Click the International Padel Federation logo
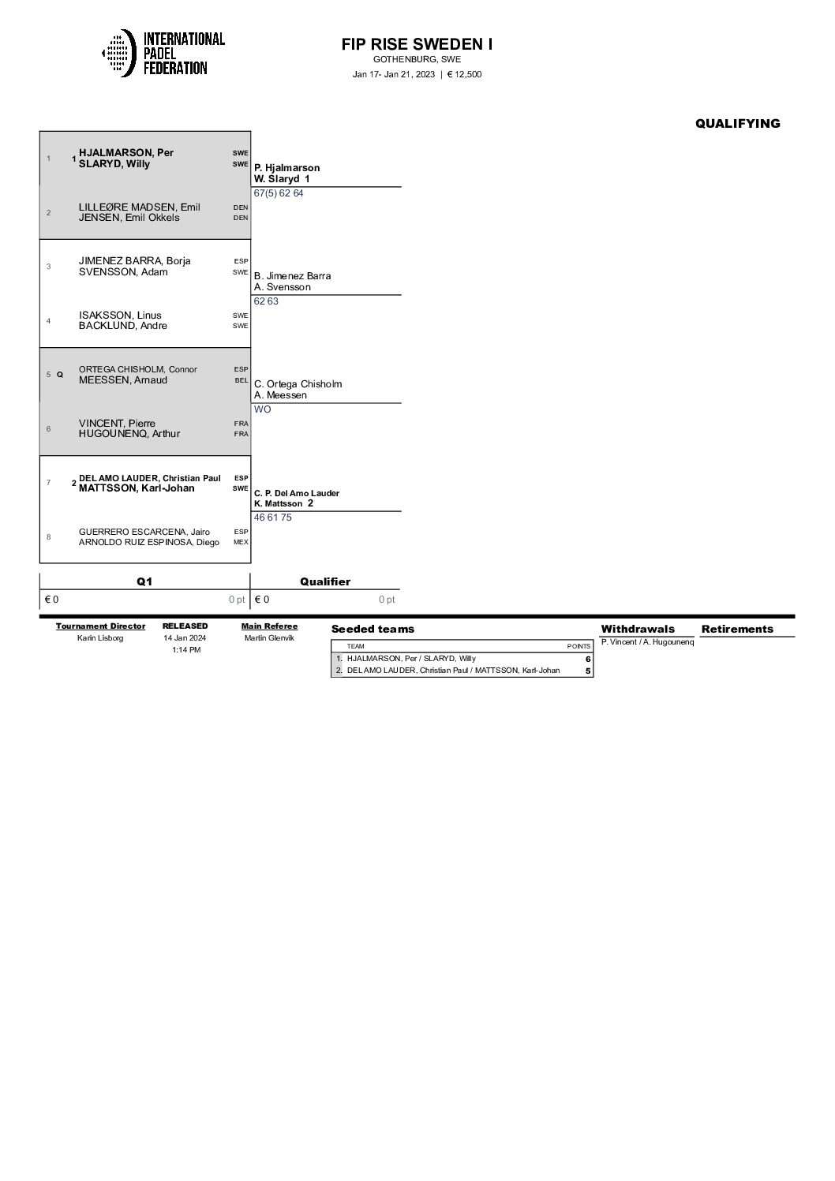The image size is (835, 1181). (x=163, y=53)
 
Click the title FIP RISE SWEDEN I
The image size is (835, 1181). (x=417, y=44)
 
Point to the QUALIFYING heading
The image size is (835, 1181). (x=737, y=123)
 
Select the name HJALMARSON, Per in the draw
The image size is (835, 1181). (x=126, y=153)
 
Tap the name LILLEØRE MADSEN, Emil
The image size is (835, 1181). (x=139, y=207)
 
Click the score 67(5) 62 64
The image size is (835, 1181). (x=279, y=193)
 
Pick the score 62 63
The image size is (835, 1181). (x=266, y=301)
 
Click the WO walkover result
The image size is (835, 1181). (x=262, y=409)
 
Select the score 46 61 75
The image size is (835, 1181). (x=272, y=518)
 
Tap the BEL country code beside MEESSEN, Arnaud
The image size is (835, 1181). (x=241, y=380)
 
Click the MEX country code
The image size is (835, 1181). (x=241, y=542)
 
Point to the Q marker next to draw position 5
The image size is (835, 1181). (x=60, y=375)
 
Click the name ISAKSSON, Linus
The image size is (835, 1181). (x=120, y=315)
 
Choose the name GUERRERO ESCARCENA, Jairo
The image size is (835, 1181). (x=144, y=532)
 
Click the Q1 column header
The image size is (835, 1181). (x=144, y=581)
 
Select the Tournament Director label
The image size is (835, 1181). (x=100, y=626)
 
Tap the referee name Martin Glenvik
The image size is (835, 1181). (x=269, y=638)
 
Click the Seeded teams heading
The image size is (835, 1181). (x=373, y=629)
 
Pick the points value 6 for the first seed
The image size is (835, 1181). (x=587, y=659)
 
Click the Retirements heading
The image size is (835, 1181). (x=737, y=629)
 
